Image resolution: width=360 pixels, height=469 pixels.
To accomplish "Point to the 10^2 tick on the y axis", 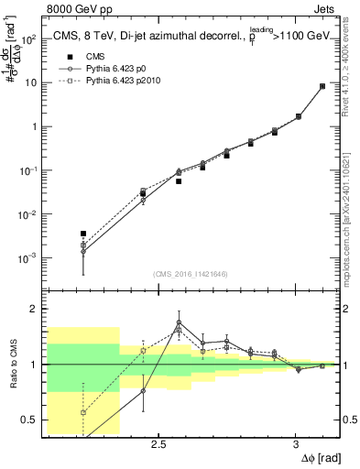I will (x=27, y=39).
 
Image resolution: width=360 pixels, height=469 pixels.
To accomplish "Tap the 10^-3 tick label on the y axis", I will (x=27, y=258).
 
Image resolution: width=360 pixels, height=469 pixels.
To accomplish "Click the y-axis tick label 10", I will (x=29, y=83).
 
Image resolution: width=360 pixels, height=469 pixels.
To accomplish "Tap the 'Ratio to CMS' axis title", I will (x=10, y=365).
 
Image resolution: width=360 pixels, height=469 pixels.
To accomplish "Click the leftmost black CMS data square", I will (x=83, y=234).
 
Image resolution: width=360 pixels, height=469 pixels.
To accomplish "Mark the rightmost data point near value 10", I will (x=322, y=86).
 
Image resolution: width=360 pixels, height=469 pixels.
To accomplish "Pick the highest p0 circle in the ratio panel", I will (x=179, y=322).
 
